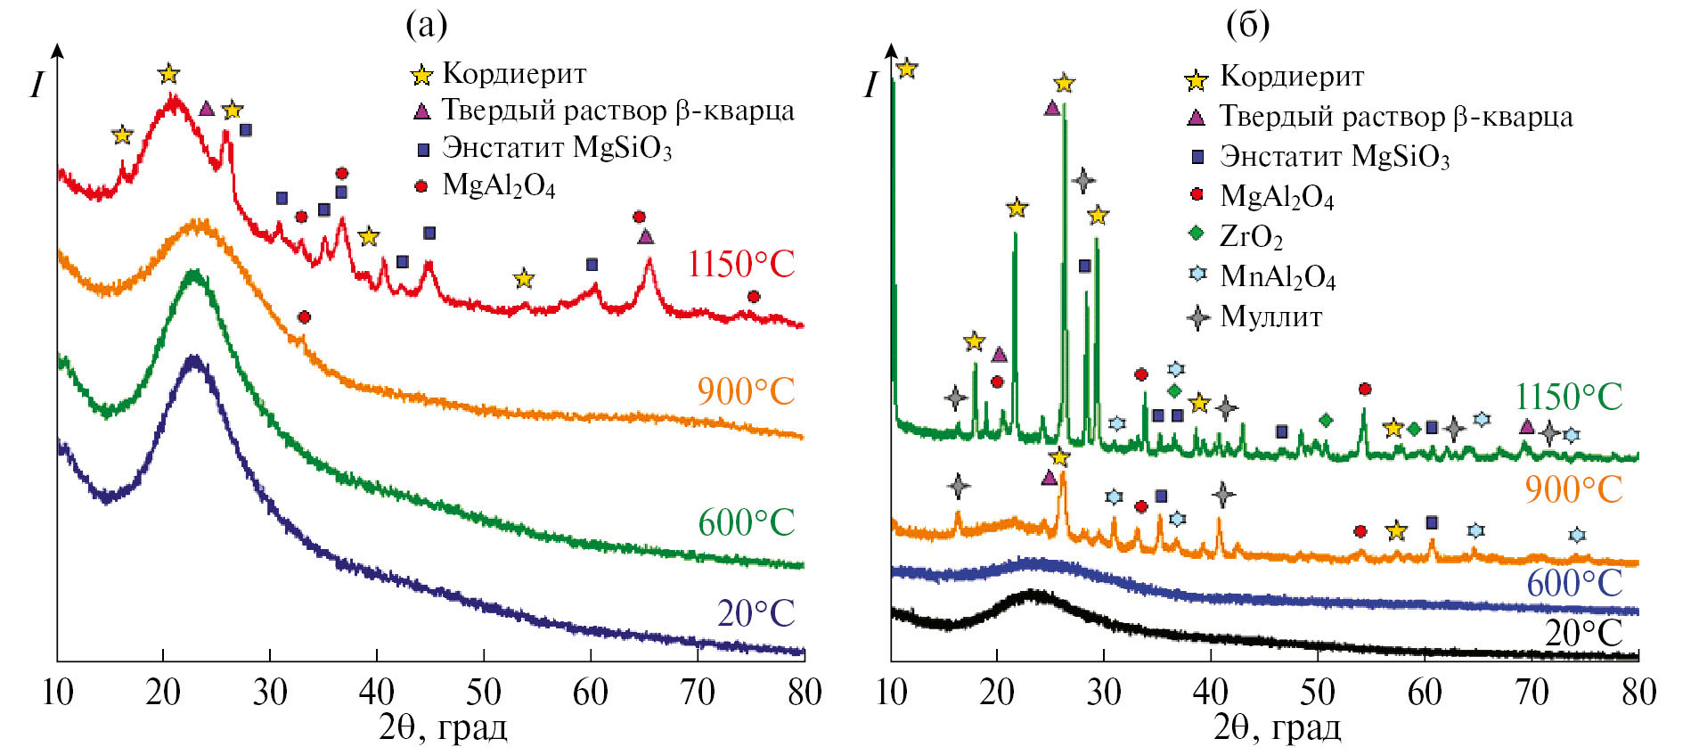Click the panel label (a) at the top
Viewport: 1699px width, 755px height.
426,25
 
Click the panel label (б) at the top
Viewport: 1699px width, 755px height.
1247,25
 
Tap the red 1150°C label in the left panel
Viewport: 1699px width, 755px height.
740,264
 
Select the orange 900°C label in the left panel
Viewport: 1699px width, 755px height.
746,391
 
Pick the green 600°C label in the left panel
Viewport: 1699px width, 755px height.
746,522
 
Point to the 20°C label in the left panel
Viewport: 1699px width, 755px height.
756,613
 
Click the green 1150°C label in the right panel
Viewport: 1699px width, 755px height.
1569,398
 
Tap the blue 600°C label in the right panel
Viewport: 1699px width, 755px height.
1574,584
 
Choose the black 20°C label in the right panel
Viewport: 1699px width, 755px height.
1583,633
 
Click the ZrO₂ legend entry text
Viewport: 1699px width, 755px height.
1251,236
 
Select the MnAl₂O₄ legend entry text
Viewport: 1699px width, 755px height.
1278,276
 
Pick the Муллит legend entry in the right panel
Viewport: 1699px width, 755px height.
1270,316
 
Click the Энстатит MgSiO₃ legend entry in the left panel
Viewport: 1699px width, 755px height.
557,147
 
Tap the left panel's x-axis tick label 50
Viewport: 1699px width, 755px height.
484,693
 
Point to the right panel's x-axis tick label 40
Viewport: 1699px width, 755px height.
1211,693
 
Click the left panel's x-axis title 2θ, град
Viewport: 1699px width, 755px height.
443,728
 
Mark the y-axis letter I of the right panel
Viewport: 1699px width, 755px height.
870,86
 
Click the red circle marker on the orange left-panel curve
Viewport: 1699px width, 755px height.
304,317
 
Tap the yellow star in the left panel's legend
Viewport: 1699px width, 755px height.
421,75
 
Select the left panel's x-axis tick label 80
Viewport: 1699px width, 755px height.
804,693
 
